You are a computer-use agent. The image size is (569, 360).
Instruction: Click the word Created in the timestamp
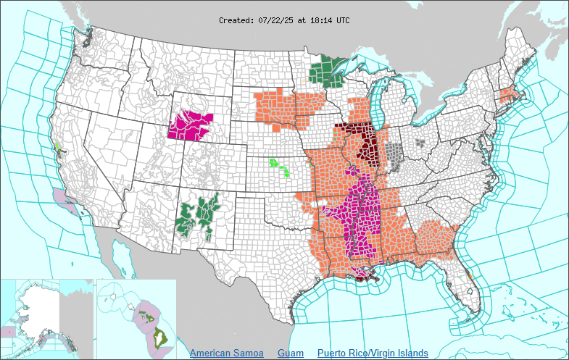[x=236, y=20]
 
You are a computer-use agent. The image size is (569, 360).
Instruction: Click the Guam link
[x=291, y=353]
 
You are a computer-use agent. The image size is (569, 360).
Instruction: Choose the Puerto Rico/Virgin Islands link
[x=373, y=353]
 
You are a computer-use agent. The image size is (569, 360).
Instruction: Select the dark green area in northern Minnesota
[x=328, y=72]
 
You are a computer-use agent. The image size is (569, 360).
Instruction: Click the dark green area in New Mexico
[x=199, y=214]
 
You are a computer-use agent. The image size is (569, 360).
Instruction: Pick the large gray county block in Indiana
[x=394, y=154]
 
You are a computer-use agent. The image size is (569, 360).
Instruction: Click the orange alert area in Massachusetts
[x=507, y=95]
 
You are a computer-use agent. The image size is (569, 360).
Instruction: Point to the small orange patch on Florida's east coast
[x=470, y=276]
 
